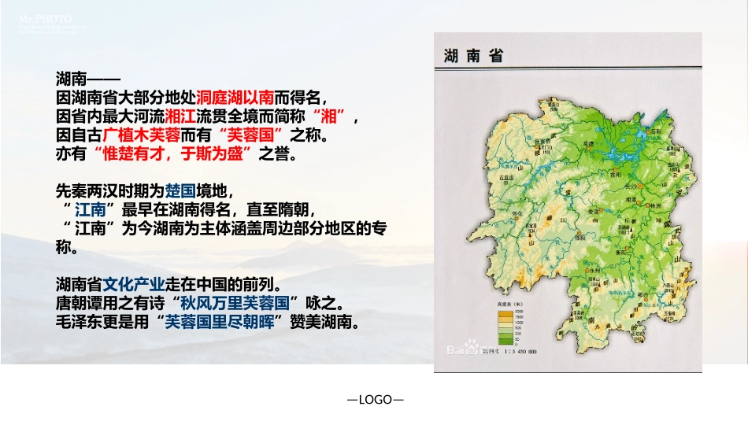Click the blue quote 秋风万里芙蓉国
(240, 303)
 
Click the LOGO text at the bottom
(376, 400)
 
